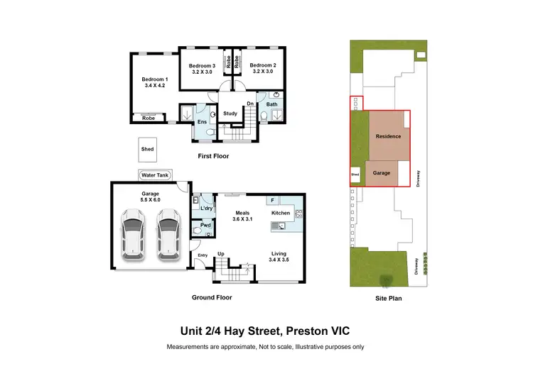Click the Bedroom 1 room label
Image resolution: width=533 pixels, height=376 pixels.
154,82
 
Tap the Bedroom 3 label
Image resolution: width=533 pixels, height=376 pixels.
202,68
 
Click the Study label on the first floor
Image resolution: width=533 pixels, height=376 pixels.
230,114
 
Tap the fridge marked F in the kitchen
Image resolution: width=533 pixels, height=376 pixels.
271,201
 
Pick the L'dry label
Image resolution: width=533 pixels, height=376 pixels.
207,209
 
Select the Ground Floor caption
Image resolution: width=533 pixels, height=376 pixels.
212,298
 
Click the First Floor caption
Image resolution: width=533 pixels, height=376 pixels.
214,156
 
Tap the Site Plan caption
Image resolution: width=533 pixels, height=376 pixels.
389,299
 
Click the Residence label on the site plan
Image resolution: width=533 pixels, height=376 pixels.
388,136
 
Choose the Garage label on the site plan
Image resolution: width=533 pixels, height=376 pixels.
382,172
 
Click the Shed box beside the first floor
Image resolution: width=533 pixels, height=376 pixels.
147,150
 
